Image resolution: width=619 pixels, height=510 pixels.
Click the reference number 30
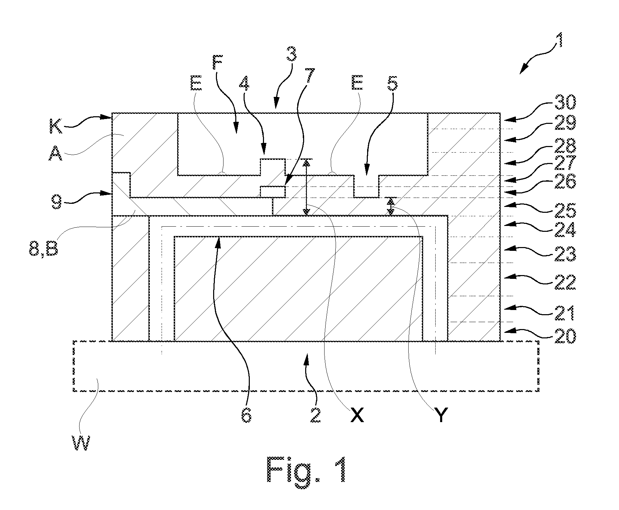pyautogui.click(x=565, y=103)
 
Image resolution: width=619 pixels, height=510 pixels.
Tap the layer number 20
pyautogui.click(x=565, y=335)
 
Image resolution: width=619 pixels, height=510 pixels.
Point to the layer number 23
pyautogui.click(x=565, y=254)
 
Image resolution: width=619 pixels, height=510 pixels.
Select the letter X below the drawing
pyautogui.click(x=357, y=415)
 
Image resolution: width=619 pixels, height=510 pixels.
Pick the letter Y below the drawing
pyautogui.click(x=440, y=415)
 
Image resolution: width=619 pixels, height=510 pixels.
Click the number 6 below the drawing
pyautogui.click(x=246, y=415)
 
